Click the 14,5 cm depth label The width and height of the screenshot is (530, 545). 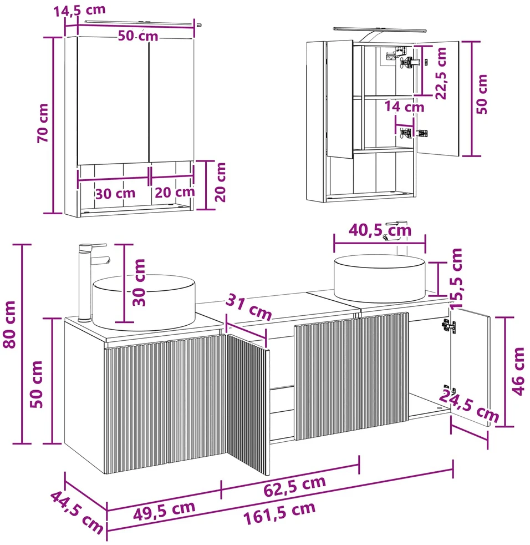coord(79,10)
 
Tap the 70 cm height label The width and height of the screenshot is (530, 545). coord(43,123)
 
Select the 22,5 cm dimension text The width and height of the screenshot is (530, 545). coord(441,73)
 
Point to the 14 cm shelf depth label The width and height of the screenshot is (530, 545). coord(404,107)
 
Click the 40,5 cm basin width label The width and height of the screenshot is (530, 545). coord(380,230)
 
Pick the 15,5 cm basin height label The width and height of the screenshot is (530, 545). coord(456,278)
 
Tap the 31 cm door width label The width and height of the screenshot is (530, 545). coord(249,306)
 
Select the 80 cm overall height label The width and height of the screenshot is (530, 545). coord(10,325)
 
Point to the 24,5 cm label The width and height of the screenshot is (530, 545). coord(469,405)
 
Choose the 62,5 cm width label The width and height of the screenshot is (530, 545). coord(295,486)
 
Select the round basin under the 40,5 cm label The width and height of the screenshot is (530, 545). coord(380,279)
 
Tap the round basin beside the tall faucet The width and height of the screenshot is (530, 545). coord(144,302)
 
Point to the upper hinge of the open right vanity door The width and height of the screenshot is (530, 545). coord(449,326)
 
